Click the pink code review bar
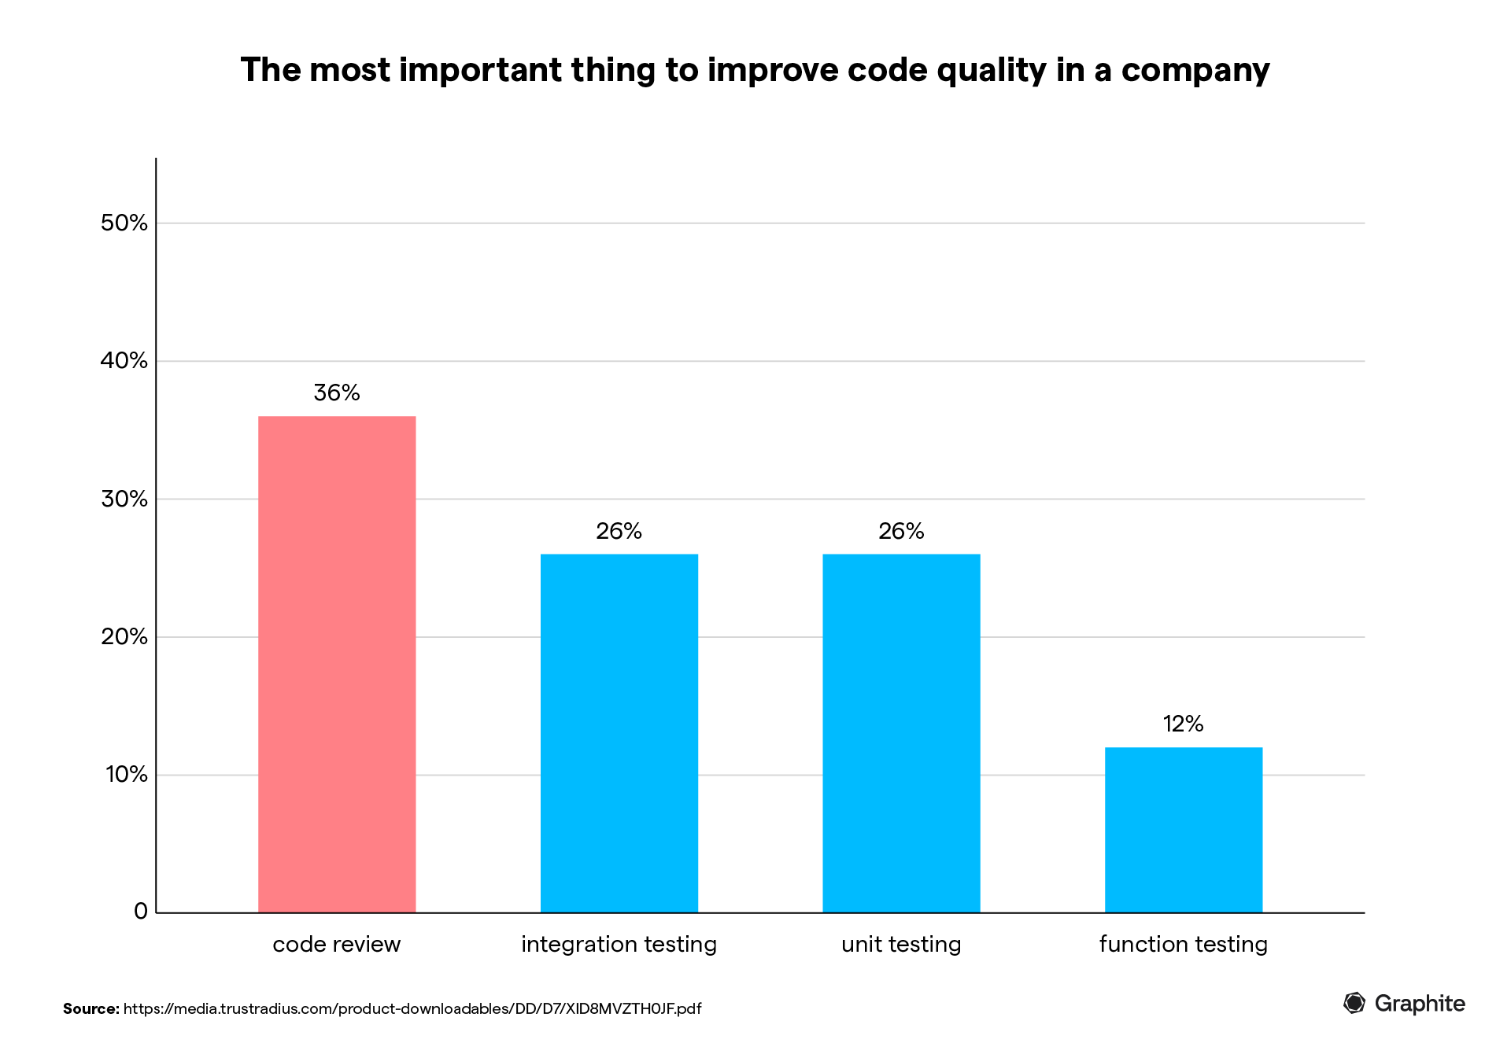(337, 665)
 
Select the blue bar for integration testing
(619, 733)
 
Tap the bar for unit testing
(901, 733)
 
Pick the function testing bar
(1184, 830)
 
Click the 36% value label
(337, 392)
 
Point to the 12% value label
(1184, 724)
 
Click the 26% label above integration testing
(619, 531)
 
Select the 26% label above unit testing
(901, 531)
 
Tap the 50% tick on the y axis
(124, 223)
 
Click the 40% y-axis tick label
(124, 360)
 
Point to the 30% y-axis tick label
(124, 499)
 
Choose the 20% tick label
(124, 636)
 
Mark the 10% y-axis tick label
(127, 774)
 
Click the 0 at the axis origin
(141, 911)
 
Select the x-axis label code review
(337, 944)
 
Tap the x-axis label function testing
(1184, 944)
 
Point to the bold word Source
(91, 1008)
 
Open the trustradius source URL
(412, 1008)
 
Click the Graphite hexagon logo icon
(1354, 1003)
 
